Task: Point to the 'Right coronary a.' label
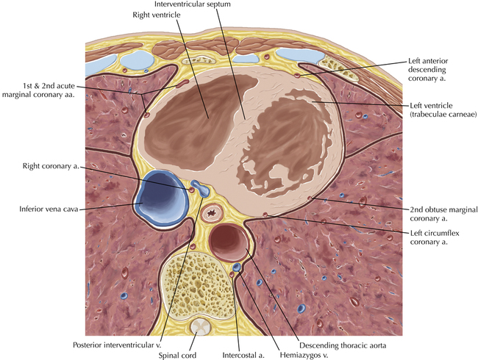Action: [52, 167]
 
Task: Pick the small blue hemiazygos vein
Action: [237, 268]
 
